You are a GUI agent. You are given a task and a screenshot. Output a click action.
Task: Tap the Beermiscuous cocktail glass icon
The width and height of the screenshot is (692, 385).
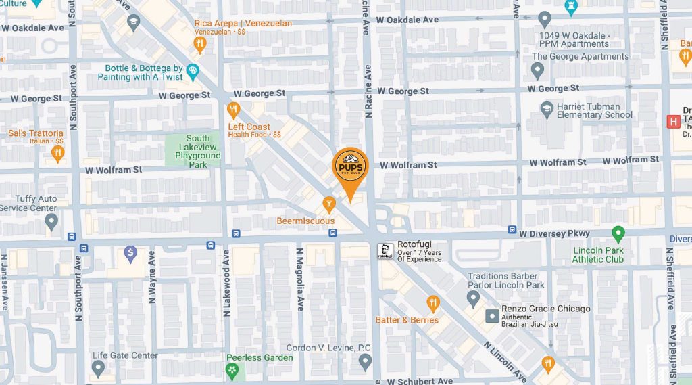328,202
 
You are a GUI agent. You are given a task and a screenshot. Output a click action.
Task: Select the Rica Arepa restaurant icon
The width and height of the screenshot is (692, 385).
199,45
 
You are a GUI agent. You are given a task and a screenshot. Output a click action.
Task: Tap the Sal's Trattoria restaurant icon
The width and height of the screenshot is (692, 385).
57,154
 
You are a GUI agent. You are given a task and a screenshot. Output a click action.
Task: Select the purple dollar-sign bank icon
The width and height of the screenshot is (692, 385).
131,254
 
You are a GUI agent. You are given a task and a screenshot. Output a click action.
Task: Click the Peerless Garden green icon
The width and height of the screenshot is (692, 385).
232,369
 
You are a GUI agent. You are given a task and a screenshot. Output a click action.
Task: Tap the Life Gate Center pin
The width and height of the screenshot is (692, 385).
99,369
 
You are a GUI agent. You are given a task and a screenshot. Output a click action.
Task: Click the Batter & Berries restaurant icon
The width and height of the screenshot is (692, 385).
432,303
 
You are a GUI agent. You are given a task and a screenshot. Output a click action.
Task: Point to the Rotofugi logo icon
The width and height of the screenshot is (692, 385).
385,252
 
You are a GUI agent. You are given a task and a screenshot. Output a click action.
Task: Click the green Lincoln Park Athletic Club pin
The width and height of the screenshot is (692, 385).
618,235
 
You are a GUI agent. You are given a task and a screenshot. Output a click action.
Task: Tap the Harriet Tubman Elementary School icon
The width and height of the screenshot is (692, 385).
547,108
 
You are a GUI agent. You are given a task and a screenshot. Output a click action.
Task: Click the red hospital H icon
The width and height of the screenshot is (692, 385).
673,122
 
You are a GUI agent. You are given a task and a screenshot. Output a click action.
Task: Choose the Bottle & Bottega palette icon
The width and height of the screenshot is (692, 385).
193,70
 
